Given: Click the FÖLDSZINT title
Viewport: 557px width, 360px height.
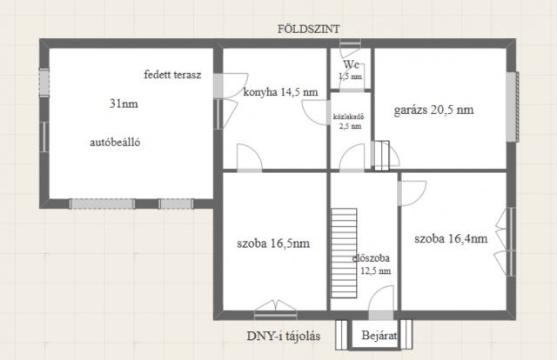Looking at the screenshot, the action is click(308, 29).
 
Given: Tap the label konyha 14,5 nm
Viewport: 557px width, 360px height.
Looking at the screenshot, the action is click(280, 92).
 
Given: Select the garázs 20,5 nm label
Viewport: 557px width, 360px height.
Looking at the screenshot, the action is click(433, 110).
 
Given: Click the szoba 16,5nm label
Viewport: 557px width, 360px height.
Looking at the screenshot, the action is click(273, 243).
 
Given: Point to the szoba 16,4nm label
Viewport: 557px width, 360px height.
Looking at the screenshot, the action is click(451, 238).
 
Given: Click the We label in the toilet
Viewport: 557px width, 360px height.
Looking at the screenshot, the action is click(351, 64).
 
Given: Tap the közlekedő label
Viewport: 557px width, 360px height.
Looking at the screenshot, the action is click(348, 117).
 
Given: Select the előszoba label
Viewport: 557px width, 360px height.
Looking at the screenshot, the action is click(371, 257).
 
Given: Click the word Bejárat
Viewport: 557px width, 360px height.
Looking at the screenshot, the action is click(379, 335).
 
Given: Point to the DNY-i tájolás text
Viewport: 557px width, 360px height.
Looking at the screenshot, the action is click(284, 336).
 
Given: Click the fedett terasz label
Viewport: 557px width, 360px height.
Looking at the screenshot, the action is click(172, 75).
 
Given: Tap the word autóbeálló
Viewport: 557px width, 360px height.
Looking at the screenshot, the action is click(115, 143).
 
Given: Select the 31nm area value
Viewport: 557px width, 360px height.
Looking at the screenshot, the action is click(124, 103).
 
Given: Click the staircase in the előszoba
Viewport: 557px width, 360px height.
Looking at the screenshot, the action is click(344, 253).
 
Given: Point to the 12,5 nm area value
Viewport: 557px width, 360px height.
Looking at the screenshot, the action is click(376, 271).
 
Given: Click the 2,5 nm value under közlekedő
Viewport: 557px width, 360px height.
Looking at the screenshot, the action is click(350, 126).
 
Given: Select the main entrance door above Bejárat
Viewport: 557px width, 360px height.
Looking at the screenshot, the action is click(381, 315).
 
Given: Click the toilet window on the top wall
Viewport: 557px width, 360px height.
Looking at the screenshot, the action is click(350, 43).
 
